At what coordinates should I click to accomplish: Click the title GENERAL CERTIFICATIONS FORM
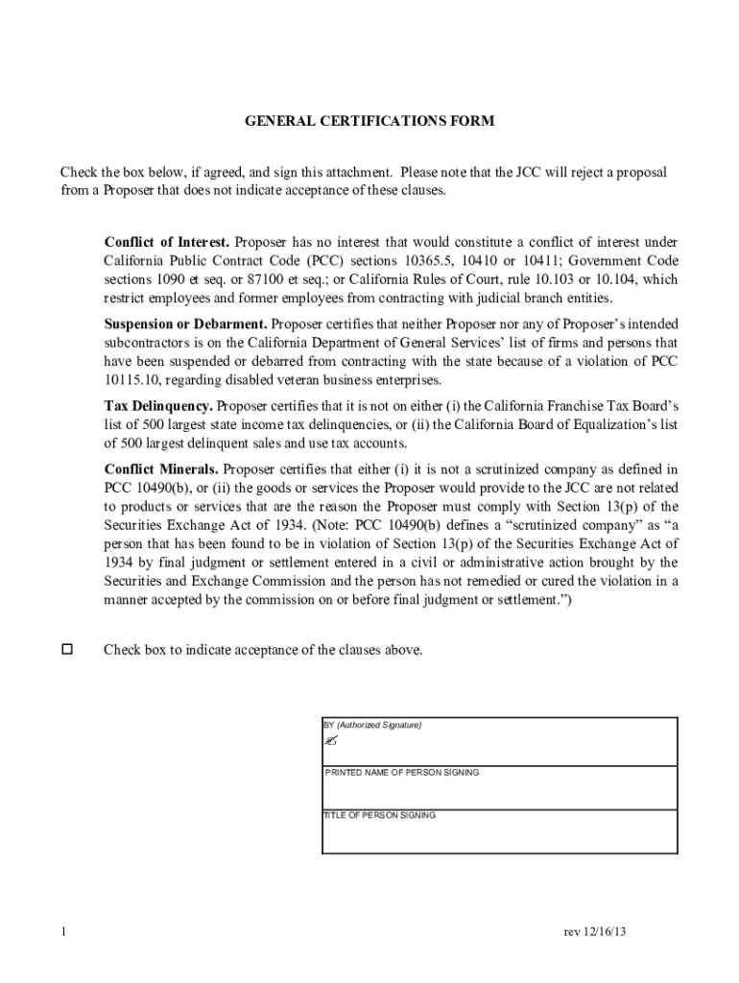click(369, 121)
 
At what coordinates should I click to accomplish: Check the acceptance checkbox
click(66, 649)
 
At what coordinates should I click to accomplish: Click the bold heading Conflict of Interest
click(166, 241)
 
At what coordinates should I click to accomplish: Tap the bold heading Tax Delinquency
click(158, 406)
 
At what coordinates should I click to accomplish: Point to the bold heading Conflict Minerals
click(161, 469)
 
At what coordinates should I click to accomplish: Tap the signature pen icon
click(331, 742)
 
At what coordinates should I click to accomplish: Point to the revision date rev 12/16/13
click(595, 932)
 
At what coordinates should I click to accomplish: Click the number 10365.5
click(411, 260)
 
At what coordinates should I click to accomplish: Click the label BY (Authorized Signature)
click(371, 725)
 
